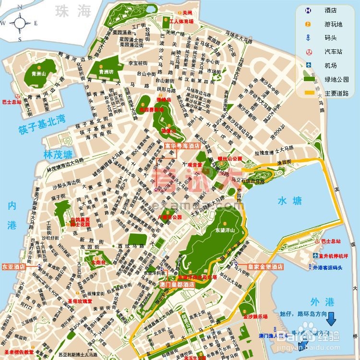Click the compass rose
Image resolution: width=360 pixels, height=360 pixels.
coord(20,22)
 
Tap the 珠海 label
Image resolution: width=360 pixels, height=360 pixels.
coord(72,11)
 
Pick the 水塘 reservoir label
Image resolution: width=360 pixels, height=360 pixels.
coord(289,202)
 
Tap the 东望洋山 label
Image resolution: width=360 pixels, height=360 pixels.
coord(225,230)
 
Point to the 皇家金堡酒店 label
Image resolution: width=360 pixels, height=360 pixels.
coord(265,266)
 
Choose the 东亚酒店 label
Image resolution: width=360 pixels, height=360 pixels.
coord(13,266)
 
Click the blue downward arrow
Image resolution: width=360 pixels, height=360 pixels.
coord(332,319)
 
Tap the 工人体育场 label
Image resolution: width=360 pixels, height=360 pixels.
coord(181,22)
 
